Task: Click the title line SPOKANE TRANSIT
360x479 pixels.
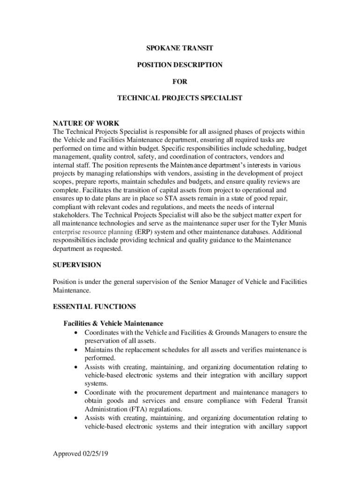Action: click(x=180, y=48)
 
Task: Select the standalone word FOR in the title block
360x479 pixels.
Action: click(x=180, y=81)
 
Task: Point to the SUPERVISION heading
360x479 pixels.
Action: click(x=77, y=265)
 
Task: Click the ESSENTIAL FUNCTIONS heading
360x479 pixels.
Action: click(x=94, y=307)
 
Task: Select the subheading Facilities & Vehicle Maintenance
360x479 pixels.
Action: click(x=113, y=323)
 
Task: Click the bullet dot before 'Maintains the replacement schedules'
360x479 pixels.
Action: click(x=76, y=350)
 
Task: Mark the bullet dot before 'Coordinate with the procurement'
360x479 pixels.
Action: click(x=76, y=392)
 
